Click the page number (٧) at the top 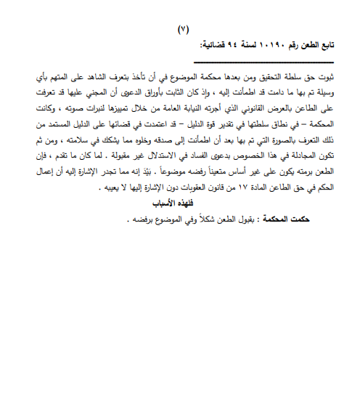point(182,30)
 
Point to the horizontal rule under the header point(261,52)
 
